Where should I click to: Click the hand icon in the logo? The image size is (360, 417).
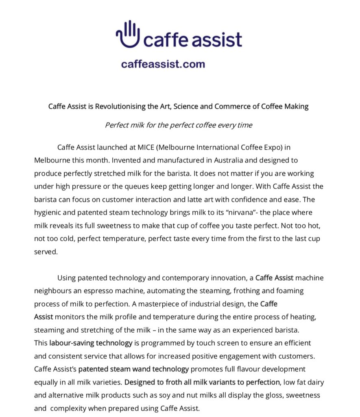tap(128, 34)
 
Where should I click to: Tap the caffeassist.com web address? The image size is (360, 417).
tap(163, 64)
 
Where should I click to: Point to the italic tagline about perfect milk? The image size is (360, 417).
tap(179, 125)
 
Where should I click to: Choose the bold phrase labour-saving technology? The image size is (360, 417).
tap(91, 343)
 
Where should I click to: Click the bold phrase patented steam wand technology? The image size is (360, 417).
tap(133, 369)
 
